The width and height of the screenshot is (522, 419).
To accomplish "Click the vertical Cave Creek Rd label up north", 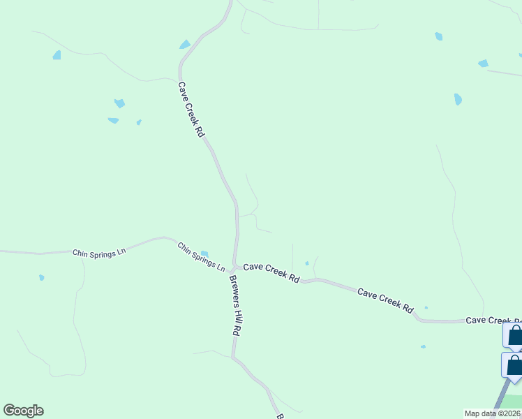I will click(x=191, y=110).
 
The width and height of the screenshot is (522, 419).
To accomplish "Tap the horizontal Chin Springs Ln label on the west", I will click(x=98, y=252).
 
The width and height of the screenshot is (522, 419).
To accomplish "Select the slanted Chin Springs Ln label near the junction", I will click(x=201, y=258).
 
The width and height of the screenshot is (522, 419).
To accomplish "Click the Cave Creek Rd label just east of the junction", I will click(x=271, y=272).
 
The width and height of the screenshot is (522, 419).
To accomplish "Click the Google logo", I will click(x=23, y=411).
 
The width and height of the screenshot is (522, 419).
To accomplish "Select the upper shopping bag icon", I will click(x=515, y=335).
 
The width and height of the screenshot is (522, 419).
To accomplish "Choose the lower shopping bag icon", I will click(x=514, y=365).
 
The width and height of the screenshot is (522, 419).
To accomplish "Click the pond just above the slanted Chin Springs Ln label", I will click(x=204, y=253).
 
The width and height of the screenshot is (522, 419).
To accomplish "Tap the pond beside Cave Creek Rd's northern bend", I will click(x=185, y=45).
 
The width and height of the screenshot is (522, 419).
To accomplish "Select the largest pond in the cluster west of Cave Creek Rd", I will click(x=119, y=103).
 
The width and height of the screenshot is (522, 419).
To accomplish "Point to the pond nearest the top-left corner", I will click(x=57, y=55).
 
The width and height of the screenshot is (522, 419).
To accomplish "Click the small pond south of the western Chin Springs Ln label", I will click(x=42, y=277).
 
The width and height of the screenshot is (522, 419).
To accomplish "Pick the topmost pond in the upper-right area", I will click(x=438, y=36).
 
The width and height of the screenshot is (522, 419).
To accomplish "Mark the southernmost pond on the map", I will click(x=423, y=346).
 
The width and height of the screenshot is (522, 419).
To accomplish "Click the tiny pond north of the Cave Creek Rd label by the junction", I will click(x=306, y=263).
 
